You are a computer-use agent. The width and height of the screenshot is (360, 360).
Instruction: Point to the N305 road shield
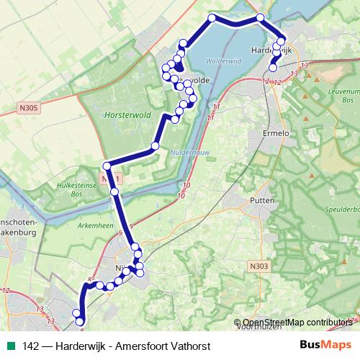(27, 109)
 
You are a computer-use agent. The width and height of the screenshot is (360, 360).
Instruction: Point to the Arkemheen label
(83, 225)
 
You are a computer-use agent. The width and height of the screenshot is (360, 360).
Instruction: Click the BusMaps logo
(326, 345)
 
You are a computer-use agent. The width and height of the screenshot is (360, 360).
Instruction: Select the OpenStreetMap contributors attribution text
(297, 323)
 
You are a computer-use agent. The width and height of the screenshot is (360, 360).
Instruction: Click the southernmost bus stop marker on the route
(79, 323)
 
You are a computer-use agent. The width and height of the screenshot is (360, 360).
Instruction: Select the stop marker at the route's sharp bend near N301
(107, 164)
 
